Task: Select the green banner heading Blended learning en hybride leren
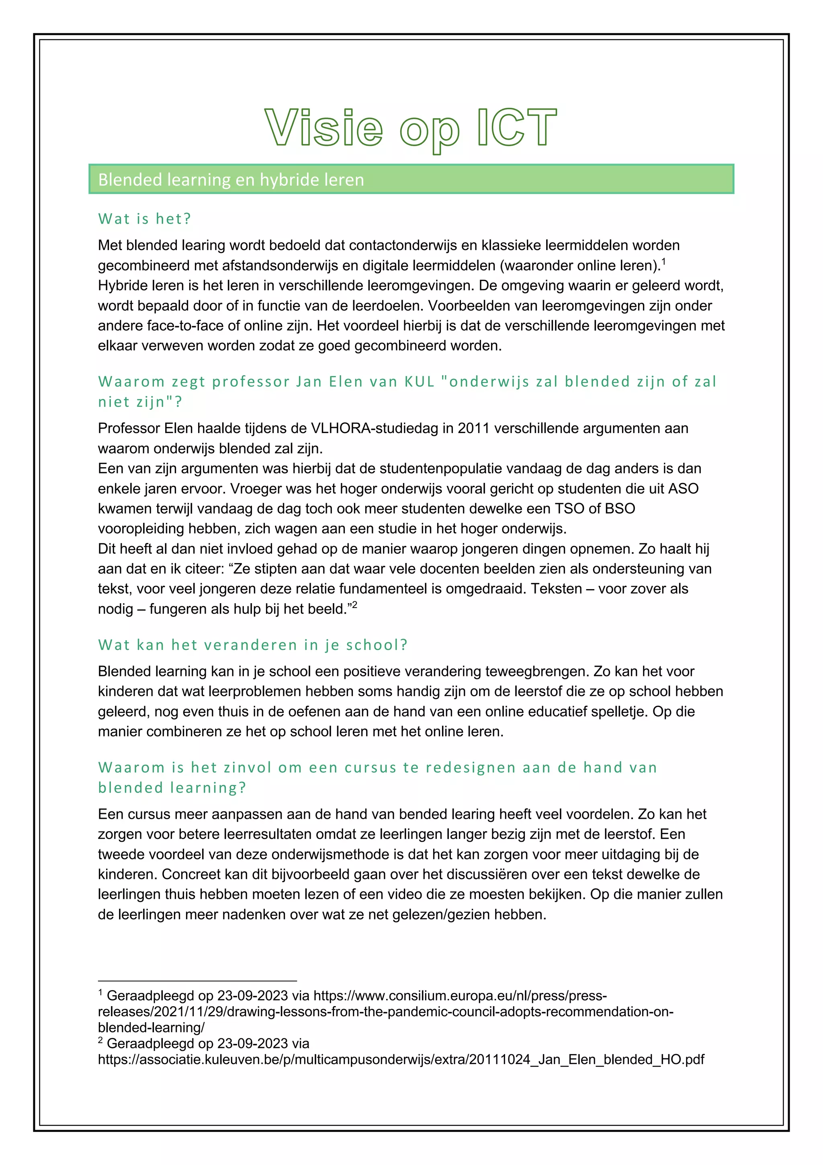(231, 180)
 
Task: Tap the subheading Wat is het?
(145, 219)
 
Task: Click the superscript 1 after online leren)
(664, 261)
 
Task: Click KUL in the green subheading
(420, 382)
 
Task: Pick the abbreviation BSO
(617, 508)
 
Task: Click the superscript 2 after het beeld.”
(355, 604)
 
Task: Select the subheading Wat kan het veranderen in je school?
(252, 645)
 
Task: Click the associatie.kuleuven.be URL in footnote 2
(401, 1060)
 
